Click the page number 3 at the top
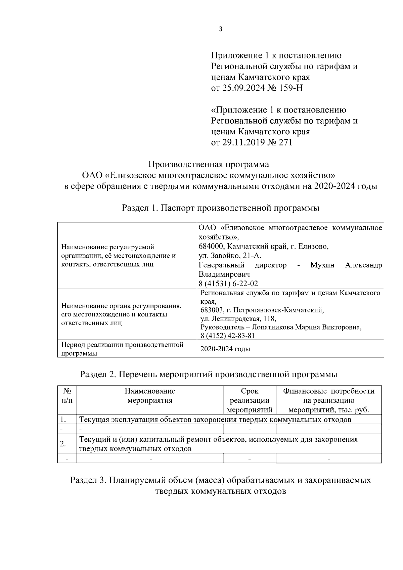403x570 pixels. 220,29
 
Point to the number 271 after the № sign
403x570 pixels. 285,142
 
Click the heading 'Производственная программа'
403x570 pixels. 209,165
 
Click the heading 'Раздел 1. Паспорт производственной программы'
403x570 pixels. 220,208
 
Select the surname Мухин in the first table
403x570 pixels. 322,265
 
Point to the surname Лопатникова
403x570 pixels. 273,327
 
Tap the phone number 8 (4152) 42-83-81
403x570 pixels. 227,336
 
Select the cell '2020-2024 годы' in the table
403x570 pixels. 225,349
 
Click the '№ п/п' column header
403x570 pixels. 67,396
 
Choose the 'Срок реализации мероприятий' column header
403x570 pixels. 250,400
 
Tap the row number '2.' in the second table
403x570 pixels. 62,444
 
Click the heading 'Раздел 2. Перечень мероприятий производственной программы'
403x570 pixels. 209,374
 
